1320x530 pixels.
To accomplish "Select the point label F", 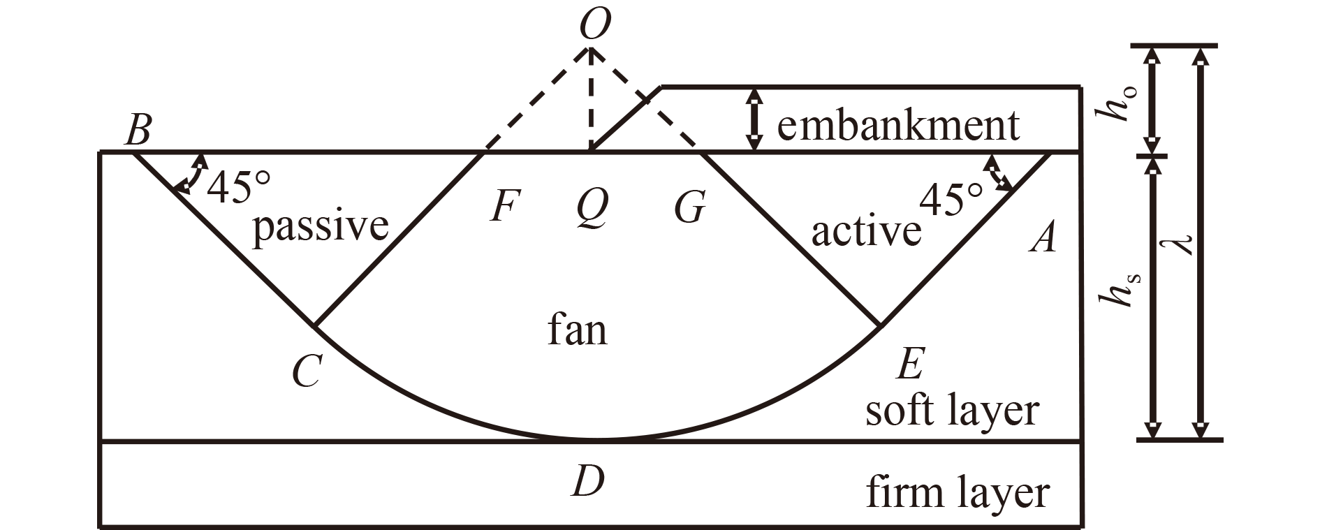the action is coord(504,207).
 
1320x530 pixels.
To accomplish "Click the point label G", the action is coord(690,208).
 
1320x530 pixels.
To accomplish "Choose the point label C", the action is coord(307,371).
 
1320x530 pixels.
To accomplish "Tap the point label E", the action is coord(911,363).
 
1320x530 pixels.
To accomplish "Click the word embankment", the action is coord(898,126).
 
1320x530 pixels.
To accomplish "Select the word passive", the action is coord(321,226).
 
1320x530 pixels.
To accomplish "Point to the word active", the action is coord(866,231).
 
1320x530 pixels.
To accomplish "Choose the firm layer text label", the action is coord(958,492).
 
